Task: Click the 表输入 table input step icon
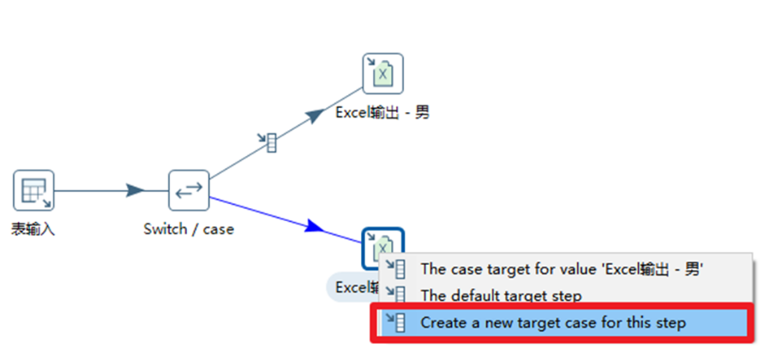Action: coord(33,190)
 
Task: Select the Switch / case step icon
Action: coord(189,190)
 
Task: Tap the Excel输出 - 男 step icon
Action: coord(382,74)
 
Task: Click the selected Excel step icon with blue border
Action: coord(382,247)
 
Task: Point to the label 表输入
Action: coord(33,229)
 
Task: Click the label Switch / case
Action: coord(189,229)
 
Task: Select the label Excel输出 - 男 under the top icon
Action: coord(382,112)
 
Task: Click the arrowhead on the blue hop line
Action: coord(315,227)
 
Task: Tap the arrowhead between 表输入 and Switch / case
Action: coord(135,190)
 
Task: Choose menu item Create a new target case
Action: coord(552,323)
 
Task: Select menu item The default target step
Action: coord(501,296)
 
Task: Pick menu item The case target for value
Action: coord(562,268)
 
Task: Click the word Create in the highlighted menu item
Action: coord(442,323)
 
